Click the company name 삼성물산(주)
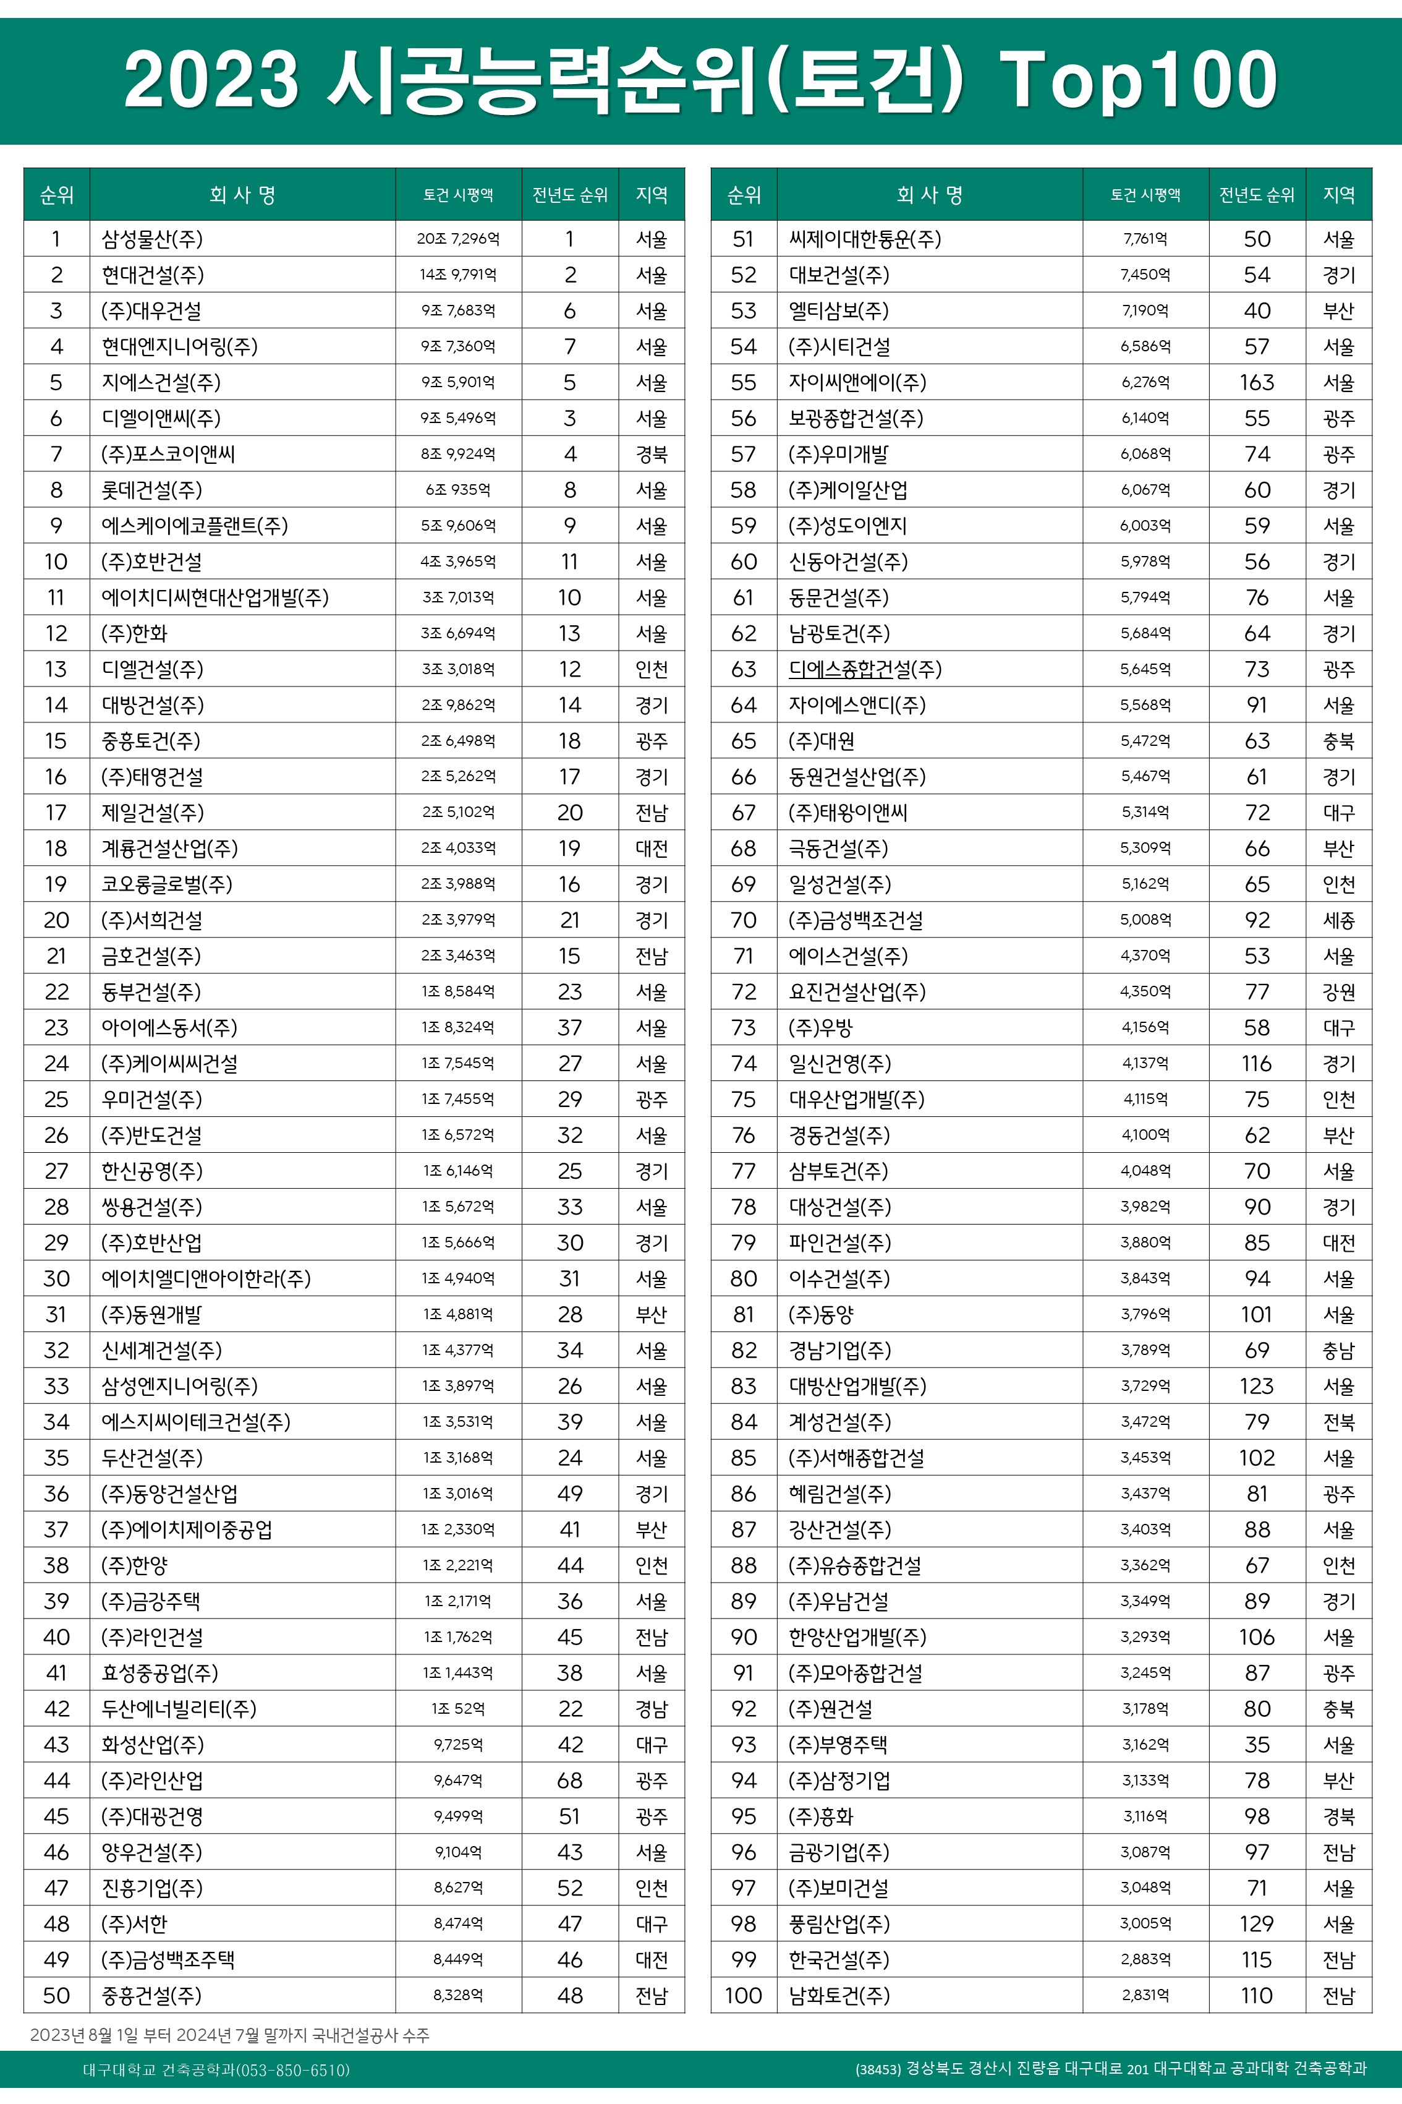152,239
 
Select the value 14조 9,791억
458,275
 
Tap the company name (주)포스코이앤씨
168,453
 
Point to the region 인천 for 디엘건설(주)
651,669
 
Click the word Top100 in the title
1138,80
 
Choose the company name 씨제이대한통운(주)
865,239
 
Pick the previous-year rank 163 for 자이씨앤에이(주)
1256,382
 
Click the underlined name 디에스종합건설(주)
865,669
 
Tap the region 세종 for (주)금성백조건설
1338,920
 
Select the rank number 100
743,1996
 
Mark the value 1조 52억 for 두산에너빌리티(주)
458,1709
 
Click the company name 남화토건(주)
839,1996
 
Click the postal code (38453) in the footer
878,2070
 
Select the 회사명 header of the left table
242,195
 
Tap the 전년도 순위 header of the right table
1256,195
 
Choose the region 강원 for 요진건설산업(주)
1338,991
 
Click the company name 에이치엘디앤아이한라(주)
206,1278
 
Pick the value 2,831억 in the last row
1145,1996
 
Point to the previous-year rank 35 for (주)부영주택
1256,1745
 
